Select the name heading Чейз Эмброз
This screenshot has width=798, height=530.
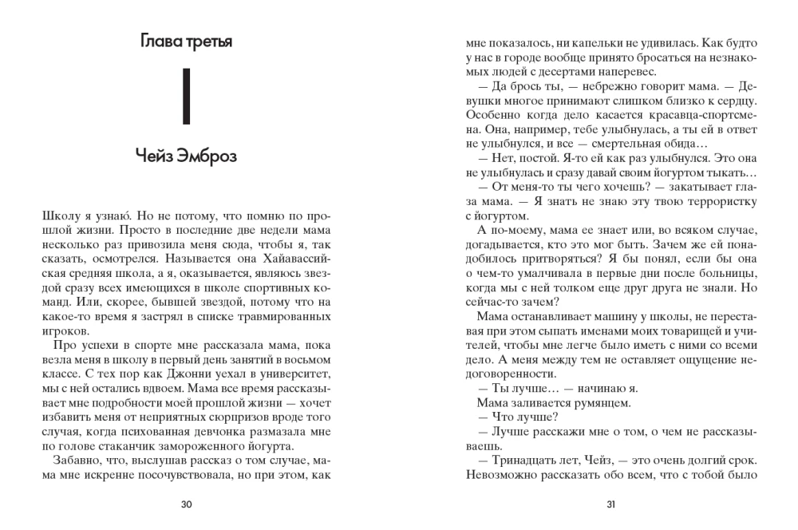[x=187, y=156]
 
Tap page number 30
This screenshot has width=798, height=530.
[x=187, y=504]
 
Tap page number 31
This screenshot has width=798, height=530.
[x=610, y=504]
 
